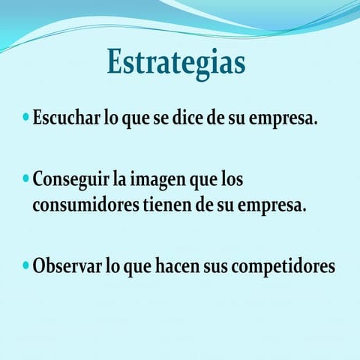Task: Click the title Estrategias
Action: [176, 62]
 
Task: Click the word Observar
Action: [65, 266]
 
